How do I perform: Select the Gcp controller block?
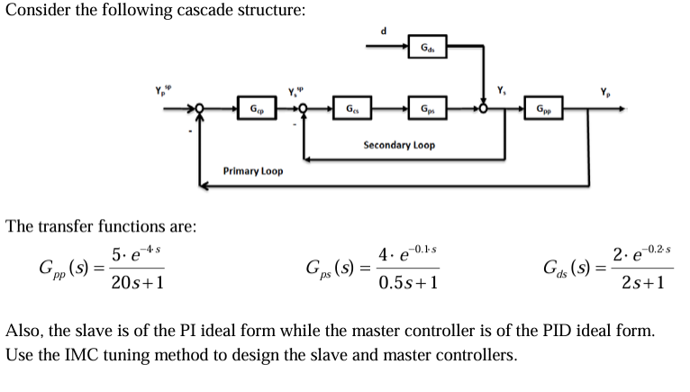258,110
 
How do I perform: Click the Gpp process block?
544,110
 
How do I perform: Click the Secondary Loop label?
398,144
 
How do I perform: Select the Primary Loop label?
252,170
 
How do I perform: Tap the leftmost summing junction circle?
203,110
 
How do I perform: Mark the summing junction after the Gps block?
486,110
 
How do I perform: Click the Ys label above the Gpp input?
502,90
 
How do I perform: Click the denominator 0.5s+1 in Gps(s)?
408,282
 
